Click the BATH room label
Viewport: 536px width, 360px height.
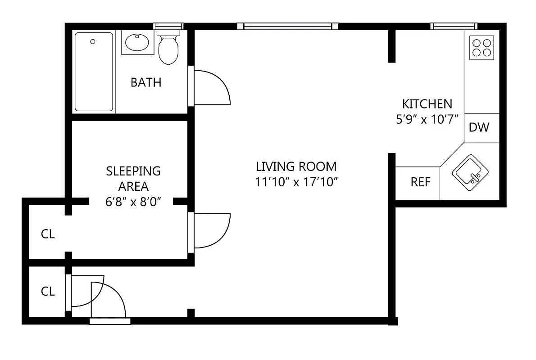145,83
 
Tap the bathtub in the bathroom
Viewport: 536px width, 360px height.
94,72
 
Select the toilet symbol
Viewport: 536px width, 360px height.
168,49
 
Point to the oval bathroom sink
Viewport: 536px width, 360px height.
138,43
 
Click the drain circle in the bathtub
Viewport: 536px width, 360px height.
93,42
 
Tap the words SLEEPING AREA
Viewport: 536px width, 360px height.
133,178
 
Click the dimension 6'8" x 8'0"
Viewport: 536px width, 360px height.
133,202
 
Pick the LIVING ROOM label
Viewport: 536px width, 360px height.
296,167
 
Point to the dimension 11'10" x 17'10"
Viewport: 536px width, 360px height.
296,182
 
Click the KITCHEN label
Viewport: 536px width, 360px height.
427,104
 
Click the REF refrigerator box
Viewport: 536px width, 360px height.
420,183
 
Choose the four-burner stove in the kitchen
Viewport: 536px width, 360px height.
481,48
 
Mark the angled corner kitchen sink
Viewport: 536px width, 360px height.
470,171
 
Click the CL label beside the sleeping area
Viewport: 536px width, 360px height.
48,234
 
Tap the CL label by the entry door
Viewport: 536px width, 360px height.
48,292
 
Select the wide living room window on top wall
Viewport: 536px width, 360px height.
288,26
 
